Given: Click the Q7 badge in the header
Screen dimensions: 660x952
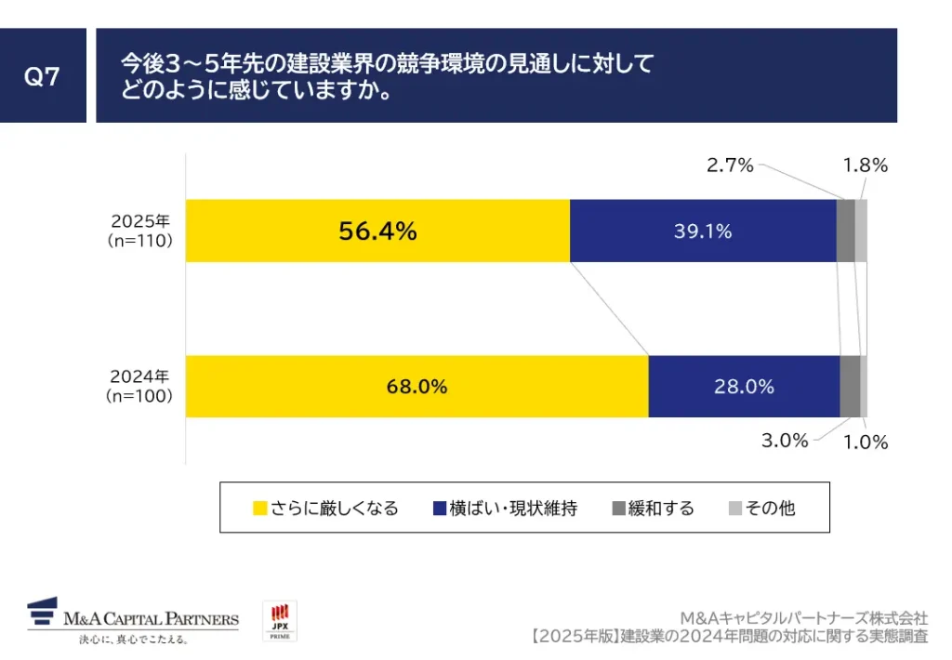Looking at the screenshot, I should point(42,76).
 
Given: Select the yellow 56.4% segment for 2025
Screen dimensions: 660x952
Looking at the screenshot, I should point(377,231).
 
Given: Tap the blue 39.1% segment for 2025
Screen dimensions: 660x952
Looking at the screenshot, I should point(703,231).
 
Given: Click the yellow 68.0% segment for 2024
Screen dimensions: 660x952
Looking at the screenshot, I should point(416,387).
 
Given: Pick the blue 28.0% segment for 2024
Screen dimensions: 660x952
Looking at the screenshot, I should point(744,387).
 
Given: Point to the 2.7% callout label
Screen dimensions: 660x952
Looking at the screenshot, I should point(730,166).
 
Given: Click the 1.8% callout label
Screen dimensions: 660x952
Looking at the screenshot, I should point(865,166).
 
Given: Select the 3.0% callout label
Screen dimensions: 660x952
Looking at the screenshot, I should point(785,441).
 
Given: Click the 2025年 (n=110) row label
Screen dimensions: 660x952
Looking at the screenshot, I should point(140,231).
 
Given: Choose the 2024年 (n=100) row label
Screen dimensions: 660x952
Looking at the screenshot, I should point(140,387).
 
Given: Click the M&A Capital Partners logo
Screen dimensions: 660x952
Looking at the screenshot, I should point(133,620).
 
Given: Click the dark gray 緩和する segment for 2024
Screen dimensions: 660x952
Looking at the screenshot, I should point(850,387).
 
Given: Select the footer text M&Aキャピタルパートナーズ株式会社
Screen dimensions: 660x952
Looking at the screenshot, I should point(803,618).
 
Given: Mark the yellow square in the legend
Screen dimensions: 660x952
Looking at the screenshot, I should point(260,508).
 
